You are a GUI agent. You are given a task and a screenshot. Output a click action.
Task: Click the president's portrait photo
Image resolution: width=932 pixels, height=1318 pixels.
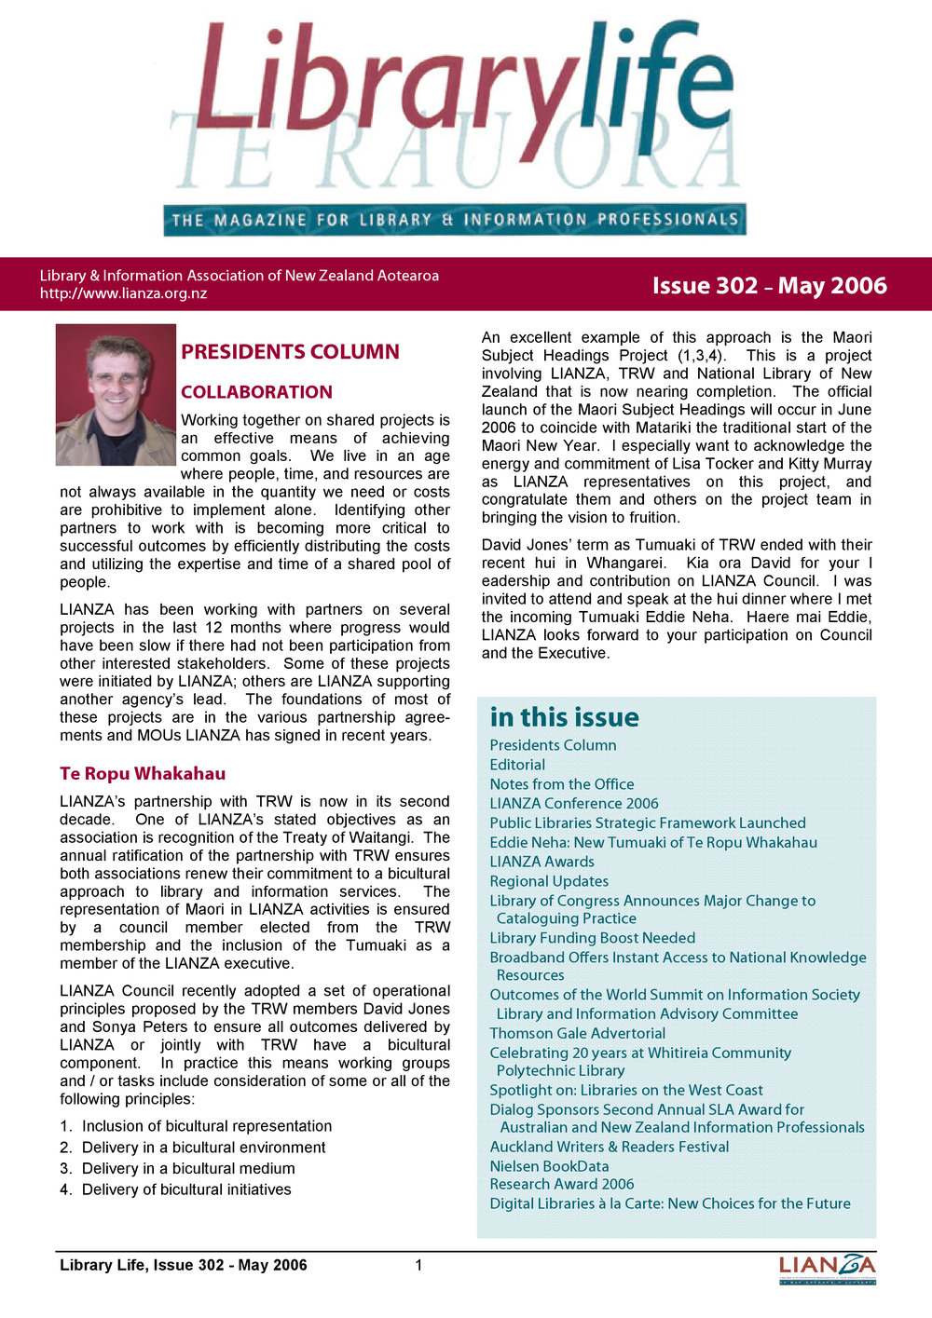[x=116, y=394]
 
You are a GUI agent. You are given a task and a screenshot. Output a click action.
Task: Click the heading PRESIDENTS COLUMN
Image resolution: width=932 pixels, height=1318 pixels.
[x=290, y=352]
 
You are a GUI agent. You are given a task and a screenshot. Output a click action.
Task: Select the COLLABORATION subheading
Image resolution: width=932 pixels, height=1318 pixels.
[x=256, y=392]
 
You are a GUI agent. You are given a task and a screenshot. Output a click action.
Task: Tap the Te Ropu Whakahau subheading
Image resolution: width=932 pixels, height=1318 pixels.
[x=143, y=774]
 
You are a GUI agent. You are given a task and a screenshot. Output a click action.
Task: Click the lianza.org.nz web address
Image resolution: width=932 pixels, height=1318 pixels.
[x=123, y=293]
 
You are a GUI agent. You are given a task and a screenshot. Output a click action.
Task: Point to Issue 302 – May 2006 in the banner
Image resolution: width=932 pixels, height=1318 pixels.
[x=769, y=286]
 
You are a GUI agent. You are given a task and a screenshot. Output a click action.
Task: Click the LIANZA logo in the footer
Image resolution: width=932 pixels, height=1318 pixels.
[x=827, y=1268]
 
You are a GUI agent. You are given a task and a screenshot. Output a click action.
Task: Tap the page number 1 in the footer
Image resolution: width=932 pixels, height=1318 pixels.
[x=418, y=1265]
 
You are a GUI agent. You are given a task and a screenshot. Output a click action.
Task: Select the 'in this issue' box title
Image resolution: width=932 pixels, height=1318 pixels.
[x=564, y=717]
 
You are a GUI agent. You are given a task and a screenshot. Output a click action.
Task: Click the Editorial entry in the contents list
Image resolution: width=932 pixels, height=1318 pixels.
[x=517, y=765]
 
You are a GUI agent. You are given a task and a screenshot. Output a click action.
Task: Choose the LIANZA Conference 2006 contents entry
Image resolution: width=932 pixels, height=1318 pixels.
[x=574, y=803]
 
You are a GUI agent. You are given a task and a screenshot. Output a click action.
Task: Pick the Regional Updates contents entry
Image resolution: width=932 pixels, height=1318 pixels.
[x=549, y=881]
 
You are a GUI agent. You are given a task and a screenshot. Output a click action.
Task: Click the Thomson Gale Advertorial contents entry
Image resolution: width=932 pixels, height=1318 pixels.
[x=578, y=1033]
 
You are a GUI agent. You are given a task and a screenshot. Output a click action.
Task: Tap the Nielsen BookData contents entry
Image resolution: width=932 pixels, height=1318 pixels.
[x=549, y=1166]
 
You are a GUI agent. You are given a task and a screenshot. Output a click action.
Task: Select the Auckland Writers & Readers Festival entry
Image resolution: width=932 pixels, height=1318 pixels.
[x=610, y=1147]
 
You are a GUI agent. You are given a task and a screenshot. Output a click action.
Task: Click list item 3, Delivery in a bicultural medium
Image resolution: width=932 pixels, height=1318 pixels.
[x=187, y=1168]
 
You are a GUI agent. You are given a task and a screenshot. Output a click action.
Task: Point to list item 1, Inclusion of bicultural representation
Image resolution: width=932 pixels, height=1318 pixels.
[x=206, y=1126]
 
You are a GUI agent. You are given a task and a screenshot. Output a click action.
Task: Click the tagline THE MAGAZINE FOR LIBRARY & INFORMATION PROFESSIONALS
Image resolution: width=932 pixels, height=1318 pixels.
[x=454, y=221]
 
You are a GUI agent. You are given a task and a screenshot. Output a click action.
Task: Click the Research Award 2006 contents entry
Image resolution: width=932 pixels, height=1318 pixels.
[x=562, y=1184]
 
